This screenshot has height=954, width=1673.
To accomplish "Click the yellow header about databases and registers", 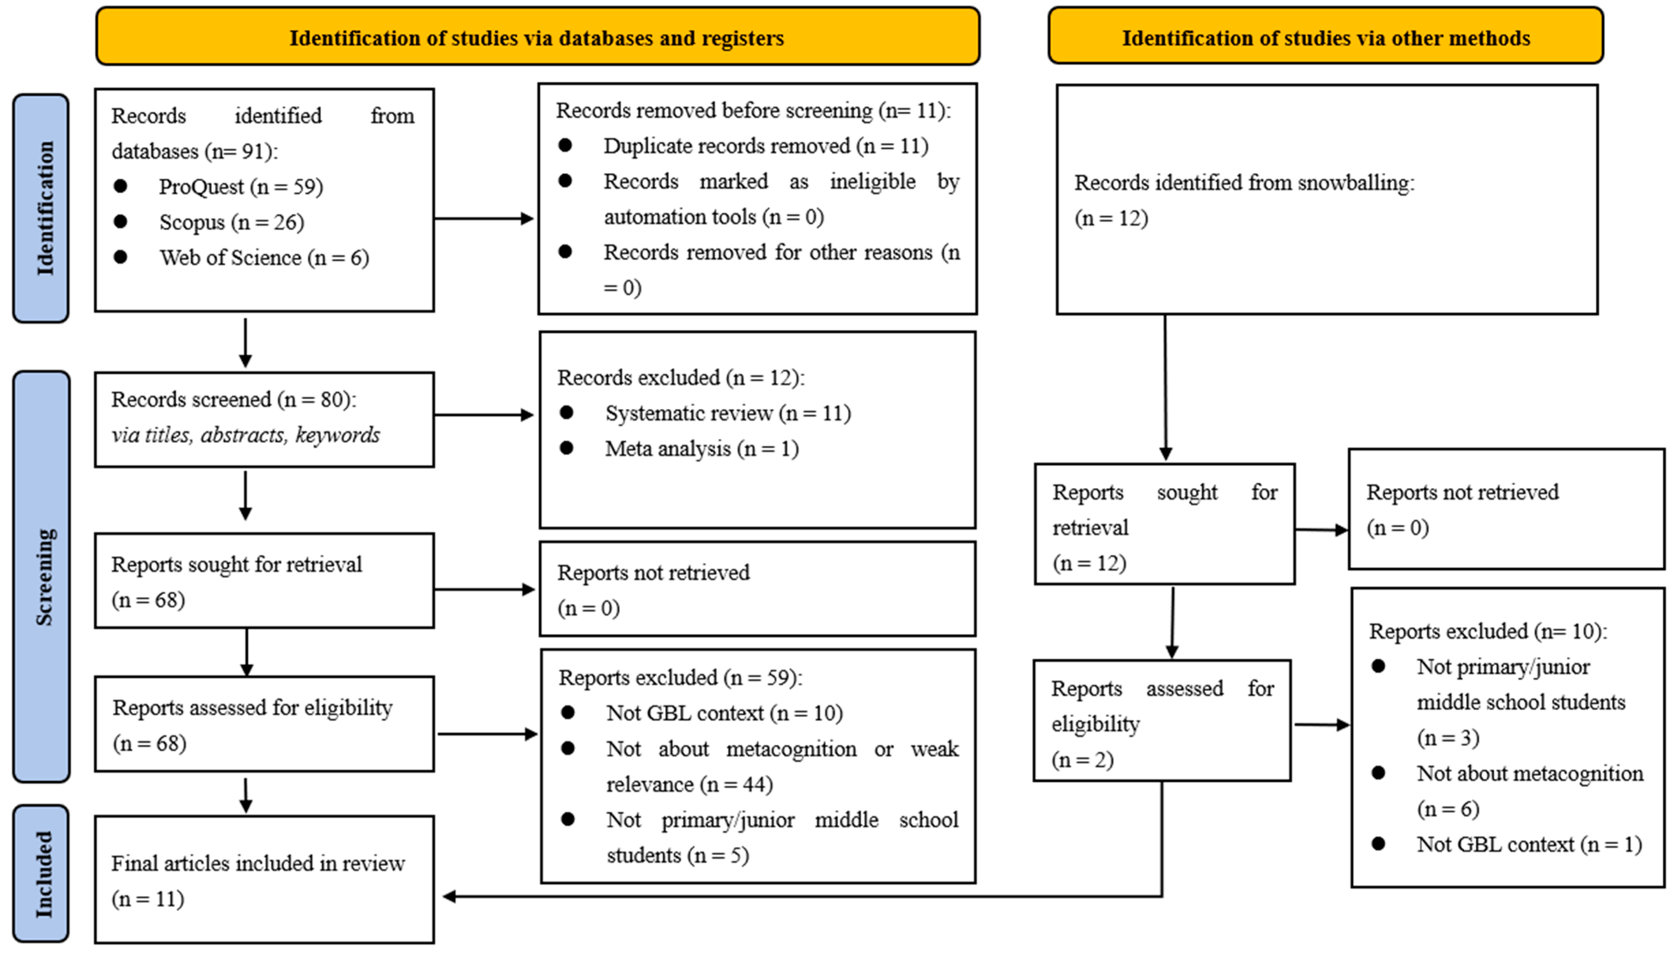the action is click(x=537, y=37).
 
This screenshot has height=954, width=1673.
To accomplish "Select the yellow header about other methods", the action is click(x=1326, y=37).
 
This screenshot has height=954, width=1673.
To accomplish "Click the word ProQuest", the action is click(x=201, y=187).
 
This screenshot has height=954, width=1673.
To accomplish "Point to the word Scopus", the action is click(x=192, y=222).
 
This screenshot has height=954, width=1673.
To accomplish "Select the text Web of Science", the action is click(x=230, y=258).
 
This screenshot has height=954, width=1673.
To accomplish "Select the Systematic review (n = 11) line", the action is click(x=728, y=413).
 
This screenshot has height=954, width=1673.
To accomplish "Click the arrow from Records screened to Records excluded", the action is click(x=484, y=415).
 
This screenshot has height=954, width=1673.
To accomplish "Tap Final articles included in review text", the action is click(x=258, y=863).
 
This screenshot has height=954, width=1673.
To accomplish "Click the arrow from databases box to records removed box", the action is click(x=484, y=218).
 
